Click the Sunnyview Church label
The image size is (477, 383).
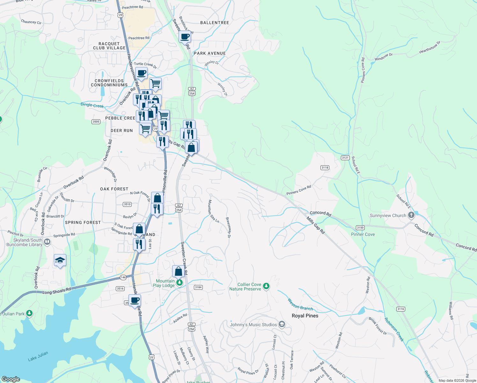[x=388, y=215]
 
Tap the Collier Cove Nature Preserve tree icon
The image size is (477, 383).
[x=266, y=286]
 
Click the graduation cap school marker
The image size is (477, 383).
[x=60, y=261]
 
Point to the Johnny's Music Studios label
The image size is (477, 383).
[x=253, y=325]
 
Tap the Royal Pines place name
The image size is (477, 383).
[x=305, y=316]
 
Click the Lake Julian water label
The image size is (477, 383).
[x=38, y=356]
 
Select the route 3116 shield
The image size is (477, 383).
[x=401, y=309]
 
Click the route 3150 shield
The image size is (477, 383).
[x=360, y=228]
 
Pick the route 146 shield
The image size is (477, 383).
[x=123, y=277]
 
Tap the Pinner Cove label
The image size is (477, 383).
[x=363, y=234]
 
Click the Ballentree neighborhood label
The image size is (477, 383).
[x=215, y=23]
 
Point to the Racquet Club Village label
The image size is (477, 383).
[x=109, y=46]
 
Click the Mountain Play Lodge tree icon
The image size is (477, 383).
[x=180, y=282]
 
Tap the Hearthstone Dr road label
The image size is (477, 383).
[x=429, y=47]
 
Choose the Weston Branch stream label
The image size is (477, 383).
[x=300, y=304]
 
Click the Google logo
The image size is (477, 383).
[x=11, y=379]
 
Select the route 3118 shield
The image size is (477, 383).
[x=325, y=168]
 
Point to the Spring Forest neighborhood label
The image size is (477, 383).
[x=83, y=222]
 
